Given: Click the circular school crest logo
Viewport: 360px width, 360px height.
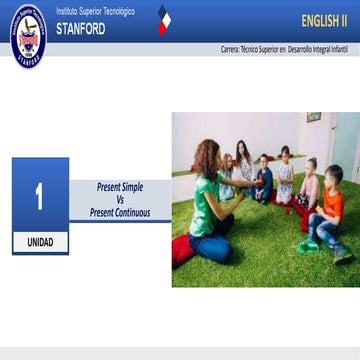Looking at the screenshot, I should (27, 33).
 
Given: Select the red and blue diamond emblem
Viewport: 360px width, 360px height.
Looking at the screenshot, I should (163, 20).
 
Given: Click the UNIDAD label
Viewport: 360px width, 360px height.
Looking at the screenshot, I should (40, 242).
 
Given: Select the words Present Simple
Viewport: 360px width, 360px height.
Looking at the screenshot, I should (120, 186).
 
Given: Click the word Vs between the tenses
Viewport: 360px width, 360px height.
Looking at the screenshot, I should (119, 199).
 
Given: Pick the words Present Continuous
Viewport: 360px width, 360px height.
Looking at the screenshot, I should (120, 212).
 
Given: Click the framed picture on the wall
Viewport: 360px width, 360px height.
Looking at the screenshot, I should (313, 118).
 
